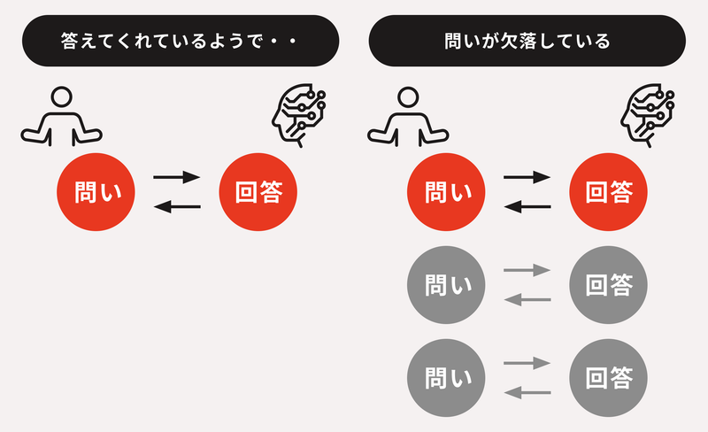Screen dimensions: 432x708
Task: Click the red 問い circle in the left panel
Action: [96, 192]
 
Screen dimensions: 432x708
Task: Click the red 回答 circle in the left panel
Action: [259, 192]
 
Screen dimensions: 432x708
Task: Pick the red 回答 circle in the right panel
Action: [609, 192]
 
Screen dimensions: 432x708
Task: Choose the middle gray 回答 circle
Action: [609, 285]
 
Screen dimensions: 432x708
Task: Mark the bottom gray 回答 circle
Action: [609, 378]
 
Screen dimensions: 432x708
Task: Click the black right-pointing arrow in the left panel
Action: [177, 177]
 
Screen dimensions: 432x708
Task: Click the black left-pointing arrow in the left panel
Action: [177, 207]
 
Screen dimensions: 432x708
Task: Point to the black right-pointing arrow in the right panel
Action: [527, 177]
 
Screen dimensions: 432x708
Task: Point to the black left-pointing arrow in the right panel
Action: [527, 207]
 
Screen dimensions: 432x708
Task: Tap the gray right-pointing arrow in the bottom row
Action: [527, 363]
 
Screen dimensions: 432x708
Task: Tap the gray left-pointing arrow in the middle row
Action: [527, 300]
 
